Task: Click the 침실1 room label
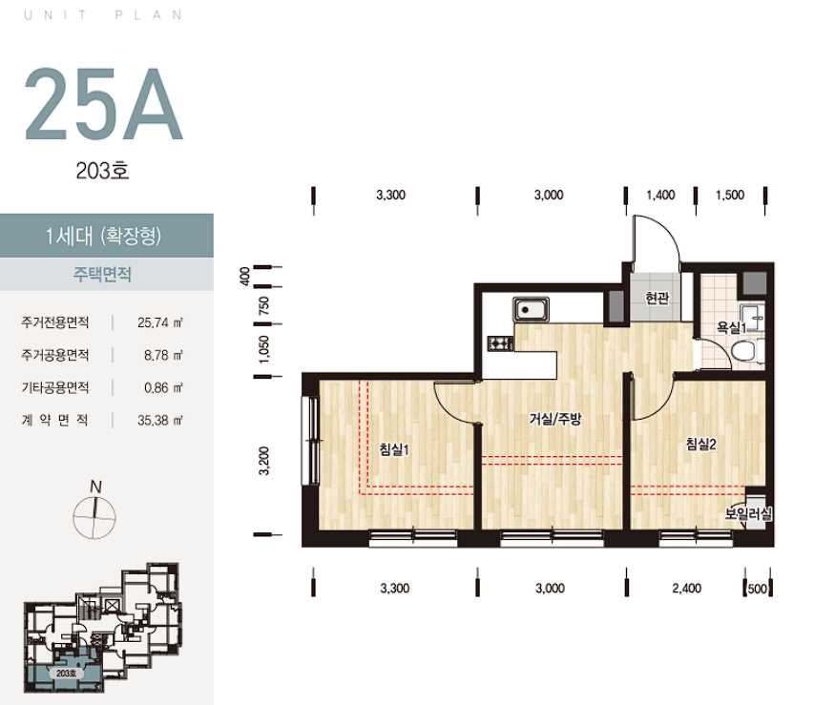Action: pyautogui.click(x=394, y=448)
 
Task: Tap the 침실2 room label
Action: pyautogui.click(x=700, y=444)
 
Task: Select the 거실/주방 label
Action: pyautogui.click(x=555, y=419)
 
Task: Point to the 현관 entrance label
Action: pyautogui.click(x=657, y=298)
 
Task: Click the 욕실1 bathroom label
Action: pyautogui.click(x=731, y=327)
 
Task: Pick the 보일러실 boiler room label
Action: pyautogui.click(x=748, y=513)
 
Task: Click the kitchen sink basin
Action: pyautogui.click(x=532, y=309)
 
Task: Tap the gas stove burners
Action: pyautogui.click(x=500, y=343)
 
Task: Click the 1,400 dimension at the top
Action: pyautogui.click(x=660, y=196)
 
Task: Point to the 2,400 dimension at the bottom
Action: pyautogui.click(x=686, y=589)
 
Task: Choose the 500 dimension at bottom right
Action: pyautogui.click(x=758, y=589)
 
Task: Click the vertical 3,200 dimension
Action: pyautogui.click(x=264, y=461)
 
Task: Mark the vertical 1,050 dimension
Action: pyautogui.click(x=264, y=349)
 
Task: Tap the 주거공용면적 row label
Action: pyautogui.click(x=55, y=355)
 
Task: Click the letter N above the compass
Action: pyautogui.click(x=95, y=487)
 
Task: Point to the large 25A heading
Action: pyautogui.click(x=103, y=104)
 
